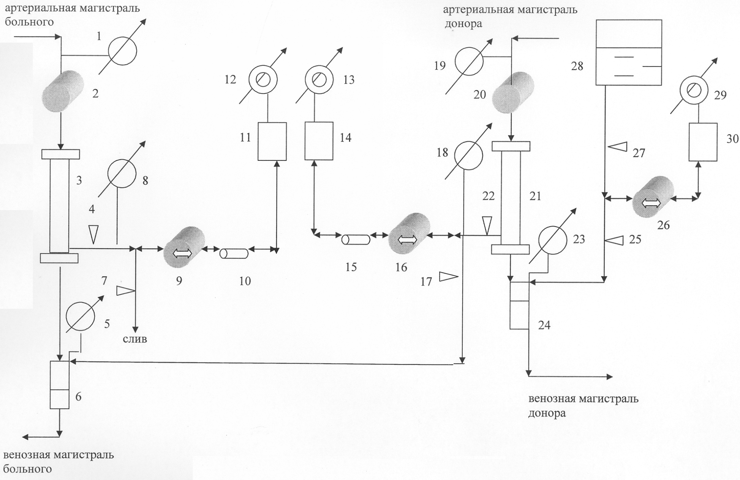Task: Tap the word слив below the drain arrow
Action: (135, 339)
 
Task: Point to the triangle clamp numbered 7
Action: (126, 291)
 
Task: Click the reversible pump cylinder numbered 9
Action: (184, 248)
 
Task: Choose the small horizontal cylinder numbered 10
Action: (234, 253)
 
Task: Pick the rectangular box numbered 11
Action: (272, 141)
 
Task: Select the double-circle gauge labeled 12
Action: (263, 79)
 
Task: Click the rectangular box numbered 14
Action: (319, 141)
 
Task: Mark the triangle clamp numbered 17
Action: (449, 277)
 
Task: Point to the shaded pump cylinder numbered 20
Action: (513, 93)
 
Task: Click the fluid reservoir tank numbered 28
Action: (629, 52)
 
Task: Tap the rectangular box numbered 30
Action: (703, 142)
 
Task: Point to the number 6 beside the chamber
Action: (78, 397)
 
